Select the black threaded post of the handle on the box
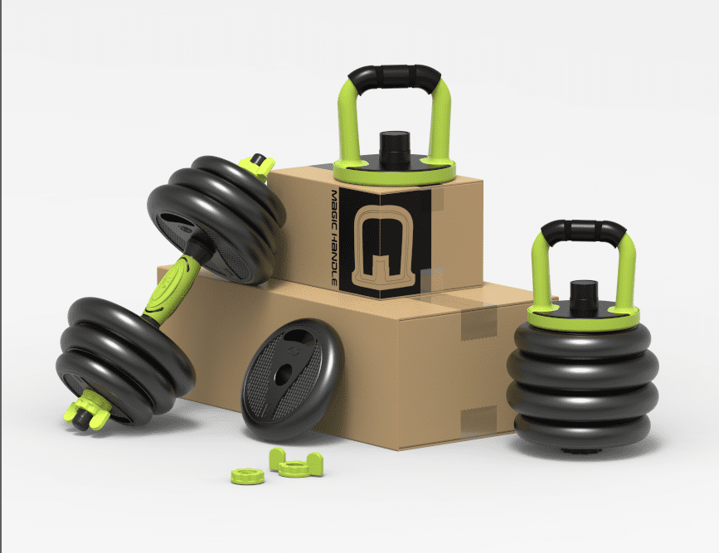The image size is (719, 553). click(395, 148)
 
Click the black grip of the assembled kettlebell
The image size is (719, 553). click(583, 230)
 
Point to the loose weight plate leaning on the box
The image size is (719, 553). click(292, 380)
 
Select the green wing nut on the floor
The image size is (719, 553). click(296, 463)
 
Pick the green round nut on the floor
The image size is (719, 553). click(248, 477)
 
